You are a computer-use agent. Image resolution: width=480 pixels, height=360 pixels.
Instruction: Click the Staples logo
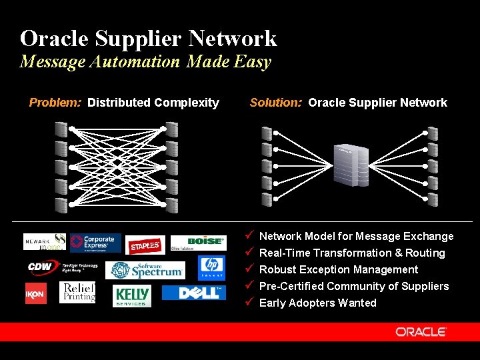(x=145, y=245)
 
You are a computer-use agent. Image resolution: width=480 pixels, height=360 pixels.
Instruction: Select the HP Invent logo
(x=211, y=267)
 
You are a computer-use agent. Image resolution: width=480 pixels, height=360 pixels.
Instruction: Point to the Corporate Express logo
(x=95, y=243)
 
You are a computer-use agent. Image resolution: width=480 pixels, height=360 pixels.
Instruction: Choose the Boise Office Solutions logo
(x=198, y=243)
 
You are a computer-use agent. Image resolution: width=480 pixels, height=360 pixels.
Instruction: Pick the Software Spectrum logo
(x=147, y=270)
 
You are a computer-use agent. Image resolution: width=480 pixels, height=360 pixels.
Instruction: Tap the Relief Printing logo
(x=77, y=293)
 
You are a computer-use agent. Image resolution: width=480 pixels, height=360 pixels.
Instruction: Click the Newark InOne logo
(x=45, y=241)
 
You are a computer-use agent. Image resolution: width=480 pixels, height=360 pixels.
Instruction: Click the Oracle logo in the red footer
(x=421, y=331)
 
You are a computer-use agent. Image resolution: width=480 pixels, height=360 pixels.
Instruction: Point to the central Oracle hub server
(x=351, y=164)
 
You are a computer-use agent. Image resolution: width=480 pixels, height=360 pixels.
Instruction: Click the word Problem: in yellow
(x=55, y=103)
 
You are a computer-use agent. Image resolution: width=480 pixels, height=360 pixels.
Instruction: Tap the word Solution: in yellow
(x=276, y=103)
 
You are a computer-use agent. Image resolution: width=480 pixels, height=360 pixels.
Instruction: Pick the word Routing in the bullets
(x=425, y=253)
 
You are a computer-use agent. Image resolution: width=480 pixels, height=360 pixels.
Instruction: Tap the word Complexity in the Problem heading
(x=186, y=103)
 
